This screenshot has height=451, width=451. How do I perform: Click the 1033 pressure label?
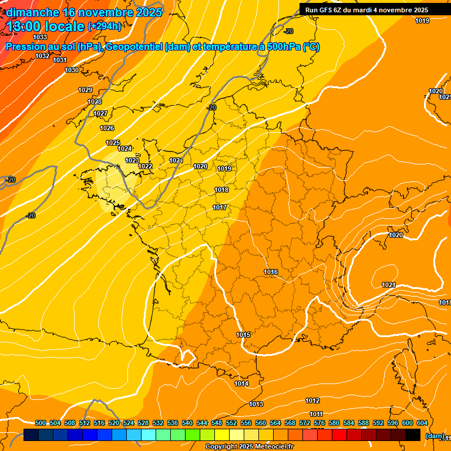(41, 37)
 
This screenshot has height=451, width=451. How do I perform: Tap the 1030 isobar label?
(72, 70)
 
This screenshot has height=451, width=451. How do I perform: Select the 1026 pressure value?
(107, 128)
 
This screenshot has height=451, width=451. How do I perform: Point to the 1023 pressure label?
(132, 160)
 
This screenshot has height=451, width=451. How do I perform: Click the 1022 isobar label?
(146, 166)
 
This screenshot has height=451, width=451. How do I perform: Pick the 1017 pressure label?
(220, 207)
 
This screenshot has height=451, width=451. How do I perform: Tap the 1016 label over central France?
(271, 272)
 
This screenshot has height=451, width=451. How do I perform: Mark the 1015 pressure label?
(244, 335)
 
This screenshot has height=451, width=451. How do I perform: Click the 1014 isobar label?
(241, 383)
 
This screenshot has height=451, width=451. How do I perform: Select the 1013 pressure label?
(256, 404)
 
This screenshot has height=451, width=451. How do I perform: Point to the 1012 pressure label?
(312, 400)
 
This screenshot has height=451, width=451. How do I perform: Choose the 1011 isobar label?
(315, 414)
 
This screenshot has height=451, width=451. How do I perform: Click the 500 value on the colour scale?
(41, 423)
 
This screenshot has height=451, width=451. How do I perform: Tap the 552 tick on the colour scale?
(231, 423)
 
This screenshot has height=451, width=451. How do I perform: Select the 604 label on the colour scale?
(422, 423)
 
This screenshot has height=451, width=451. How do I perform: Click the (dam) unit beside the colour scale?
(434, 435)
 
